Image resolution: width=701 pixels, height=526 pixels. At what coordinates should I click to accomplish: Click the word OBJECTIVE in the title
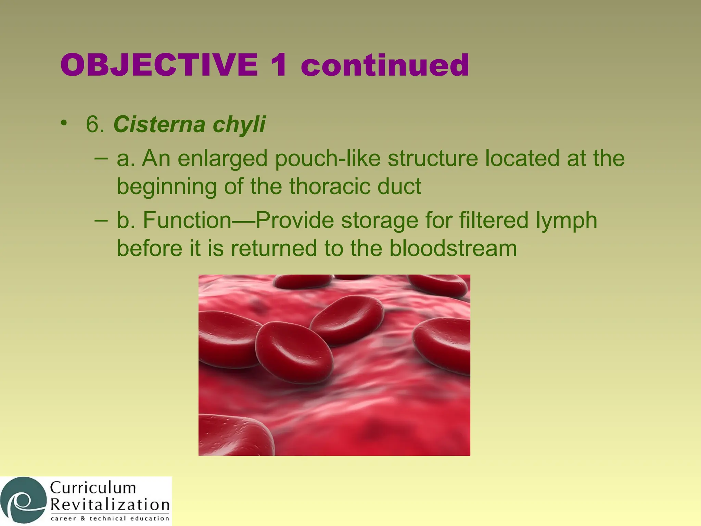coord(159,65)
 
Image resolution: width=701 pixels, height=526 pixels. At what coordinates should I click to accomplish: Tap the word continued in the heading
coord(385,65)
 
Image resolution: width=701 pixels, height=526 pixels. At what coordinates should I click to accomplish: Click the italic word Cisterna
coord(159,124)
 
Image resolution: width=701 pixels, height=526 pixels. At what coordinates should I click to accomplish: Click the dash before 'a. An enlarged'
coord(101,158)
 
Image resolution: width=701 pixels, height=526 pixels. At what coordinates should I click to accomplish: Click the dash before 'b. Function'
coord(101,220)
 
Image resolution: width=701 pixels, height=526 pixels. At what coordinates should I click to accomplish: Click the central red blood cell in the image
coord(294,353)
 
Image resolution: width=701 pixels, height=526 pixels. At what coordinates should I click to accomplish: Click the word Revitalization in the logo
coord(110,505)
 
